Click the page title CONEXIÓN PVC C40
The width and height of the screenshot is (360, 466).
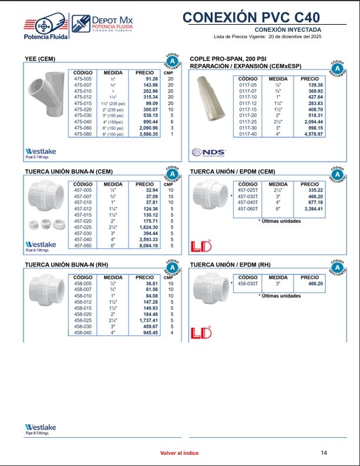click(260, 17)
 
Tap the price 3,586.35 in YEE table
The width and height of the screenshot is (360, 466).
click(147, 134)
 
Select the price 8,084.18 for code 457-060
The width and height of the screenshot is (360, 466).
click(146, 246)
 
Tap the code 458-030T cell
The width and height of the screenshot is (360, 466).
click(249, 283)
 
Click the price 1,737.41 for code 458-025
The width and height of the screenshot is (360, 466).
click(146, 321)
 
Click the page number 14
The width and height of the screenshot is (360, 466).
click(324, 452)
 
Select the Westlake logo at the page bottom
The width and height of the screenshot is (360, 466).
click(41, 428)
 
